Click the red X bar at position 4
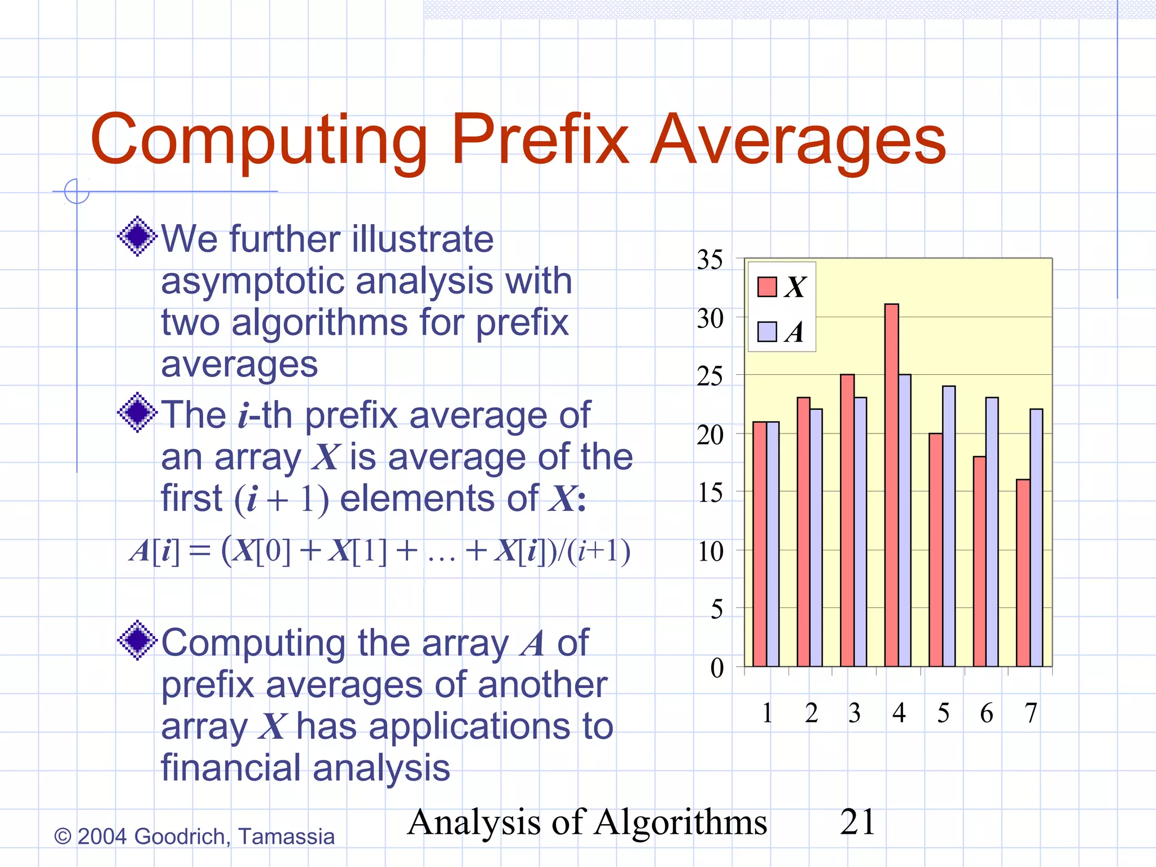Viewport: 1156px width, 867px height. pyautogui.click(x=891, y=485)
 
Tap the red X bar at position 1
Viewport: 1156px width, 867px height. pyautogui.click(x=760, y=544)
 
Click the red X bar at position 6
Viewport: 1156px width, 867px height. pyautogui.click(x=979, y=561)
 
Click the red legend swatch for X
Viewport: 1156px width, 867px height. pyautogui.click(x=767, y=287)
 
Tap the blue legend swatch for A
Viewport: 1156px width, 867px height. pyautogui.click(x=767, y=332)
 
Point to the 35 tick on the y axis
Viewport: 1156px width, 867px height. pyautogui.click(x=710, y=260)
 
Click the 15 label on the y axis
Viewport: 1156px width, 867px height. pyautogui.click(x=710, y=493)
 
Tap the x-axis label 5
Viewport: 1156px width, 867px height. pyautogui.click(x=943, y=713)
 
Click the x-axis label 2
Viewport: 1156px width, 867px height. pyautogui.click(x=811, y=713)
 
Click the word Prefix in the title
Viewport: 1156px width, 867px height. pyautogui.click(x=540, y=139)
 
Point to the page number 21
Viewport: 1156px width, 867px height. pyautogui.click(x=857, y=822)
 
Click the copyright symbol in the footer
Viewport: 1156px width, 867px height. pyautogui.click(x=63, y=837)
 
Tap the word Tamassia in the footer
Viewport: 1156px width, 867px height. pyautogui.click(x=286, y=837)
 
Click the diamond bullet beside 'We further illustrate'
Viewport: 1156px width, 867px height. pyautogui.click(x=137, y=236)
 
